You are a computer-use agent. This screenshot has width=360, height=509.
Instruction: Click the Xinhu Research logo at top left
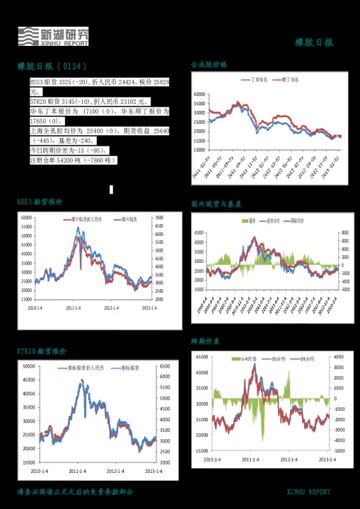pyautogui.click(x=54, y=36)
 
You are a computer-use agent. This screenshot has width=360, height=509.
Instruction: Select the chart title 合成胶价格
pyautogui.click(x=209, y=64)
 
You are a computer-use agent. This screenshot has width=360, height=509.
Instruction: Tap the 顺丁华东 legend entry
pyautogui.click(x=290, y=80)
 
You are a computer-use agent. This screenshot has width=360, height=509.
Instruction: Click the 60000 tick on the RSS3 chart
pyautogui.click(x=26, y=218)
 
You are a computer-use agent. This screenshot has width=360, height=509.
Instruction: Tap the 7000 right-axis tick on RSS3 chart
pyautogui.click(x=159, y=218)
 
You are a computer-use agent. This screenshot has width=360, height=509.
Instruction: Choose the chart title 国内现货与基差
pyautogui.click(x=216, y=204)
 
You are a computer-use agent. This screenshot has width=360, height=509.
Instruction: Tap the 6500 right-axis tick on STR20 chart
pyautogui.click(x=164, y=366)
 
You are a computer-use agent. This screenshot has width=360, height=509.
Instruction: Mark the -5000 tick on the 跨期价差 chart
pyautogui.click(x=339, y=450)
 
